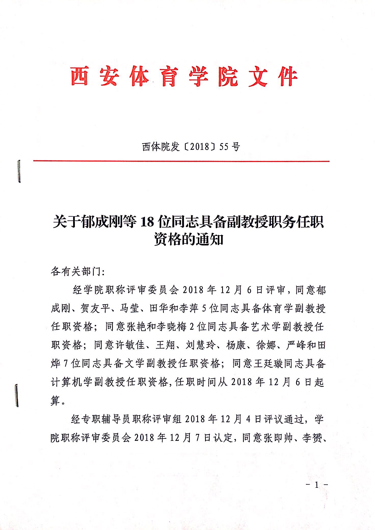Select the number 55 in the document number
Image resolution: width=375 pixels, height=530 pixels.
click(224, 147)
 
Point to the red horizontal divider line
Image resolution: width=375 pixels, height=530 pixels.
click(181, 161)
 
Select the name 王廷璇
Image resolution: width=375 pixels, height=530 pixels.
click(269, 364)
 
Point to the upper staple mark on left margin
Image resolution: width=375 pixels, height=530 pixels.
click(19, 171)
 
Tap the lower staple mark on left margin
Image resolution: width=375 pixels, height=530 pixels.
click(17, 396)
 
